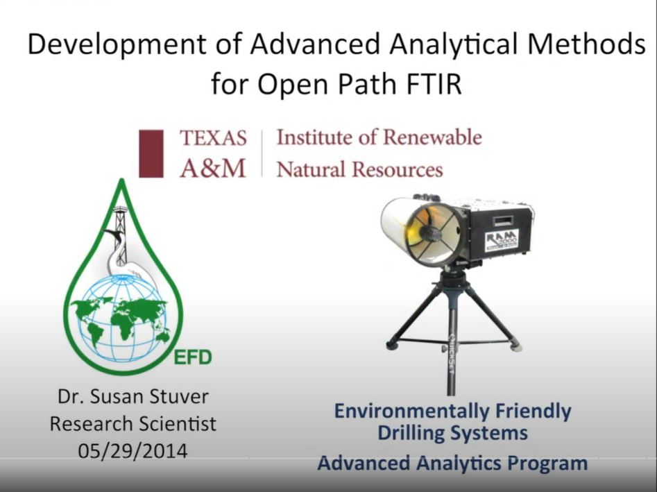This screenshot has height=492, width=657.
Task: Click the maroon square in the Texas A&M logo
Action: (151, 153)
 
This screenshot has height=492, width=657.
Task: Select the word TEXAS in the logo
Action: (213, 138)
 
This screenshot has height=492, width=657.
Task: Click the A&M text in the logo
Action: (213, 169)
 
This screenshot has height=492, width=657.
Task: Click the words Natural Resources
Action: (359, 169)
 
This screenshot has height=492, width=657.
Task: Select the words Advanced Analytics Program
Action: (452, 463)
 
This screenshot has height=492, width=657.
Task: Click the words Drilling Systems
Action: (452, 434)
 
